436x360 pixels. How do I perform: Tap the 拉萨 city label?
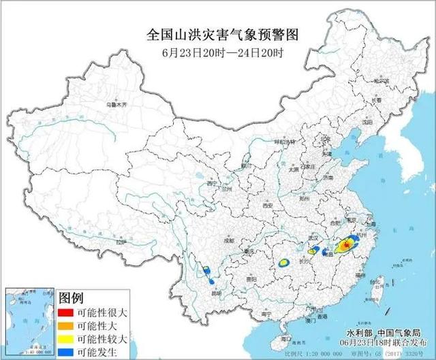click(121, 242)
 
